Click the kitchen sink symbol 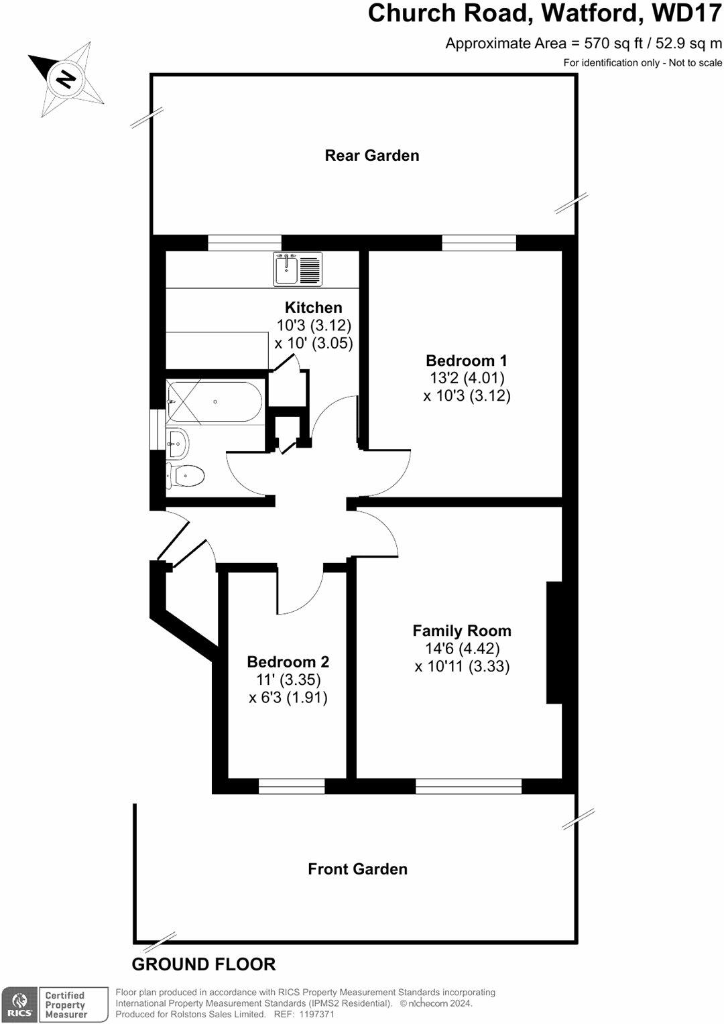298,269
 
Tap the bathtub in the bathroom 215,401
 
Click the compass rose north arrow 66,78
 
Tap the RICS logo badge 19,1005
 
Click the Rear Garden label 372,155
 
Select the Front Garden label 357,869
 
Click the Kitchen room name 313,308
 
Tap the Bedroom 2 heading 288,662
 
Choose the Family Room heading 462,631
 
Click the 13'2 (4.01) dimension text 467,378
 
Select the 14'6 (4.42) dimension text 462,649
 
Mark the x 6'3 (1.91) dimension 288,698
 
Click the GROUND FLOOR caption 204,964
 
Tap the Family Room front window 469,786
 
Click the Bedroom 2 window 292,786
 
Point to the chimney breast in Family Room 554,642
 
